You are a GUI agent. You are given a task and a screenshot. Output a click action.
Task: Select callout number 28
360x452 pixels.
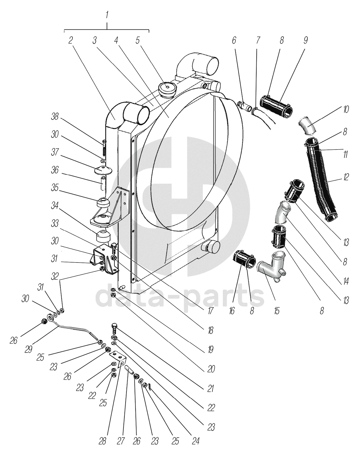click(103, 441)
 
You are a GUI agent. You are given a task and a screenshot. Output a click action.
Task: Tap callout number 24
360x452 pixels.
click(195, 441)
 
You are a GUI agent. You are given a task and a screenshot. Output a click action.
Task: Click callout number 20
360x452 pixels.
click(211, 369)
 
